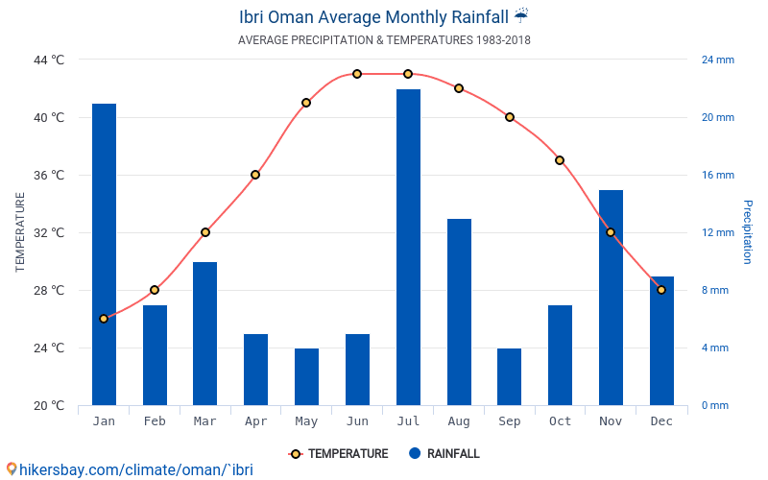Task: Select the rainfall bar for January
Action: click(x=104, y=254)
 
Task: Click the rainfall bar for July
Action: click(x=408, y=247)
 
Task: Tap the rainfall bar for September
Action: click(x=510, y=376)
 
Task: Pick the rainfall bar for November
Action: click(x=611, y=298)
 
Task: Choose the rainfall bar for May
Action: click(x=306, y=376)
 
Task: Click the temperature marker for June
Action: click(x=357, y=74)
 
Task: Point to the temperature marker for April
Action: click(x=255, y=175)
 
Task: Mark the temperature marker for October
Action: click(x=560, y=160)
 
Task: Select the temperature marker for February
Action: click(x=155, y=290)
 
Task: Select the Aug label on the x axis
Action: click(x=459, y=421)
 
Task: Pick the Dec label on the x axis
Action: click(x=661, y=421)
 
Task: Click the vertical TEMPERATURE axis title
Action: click(x=20, y=232)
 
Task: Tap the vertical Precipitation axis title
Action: click(x=747, y=232)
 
